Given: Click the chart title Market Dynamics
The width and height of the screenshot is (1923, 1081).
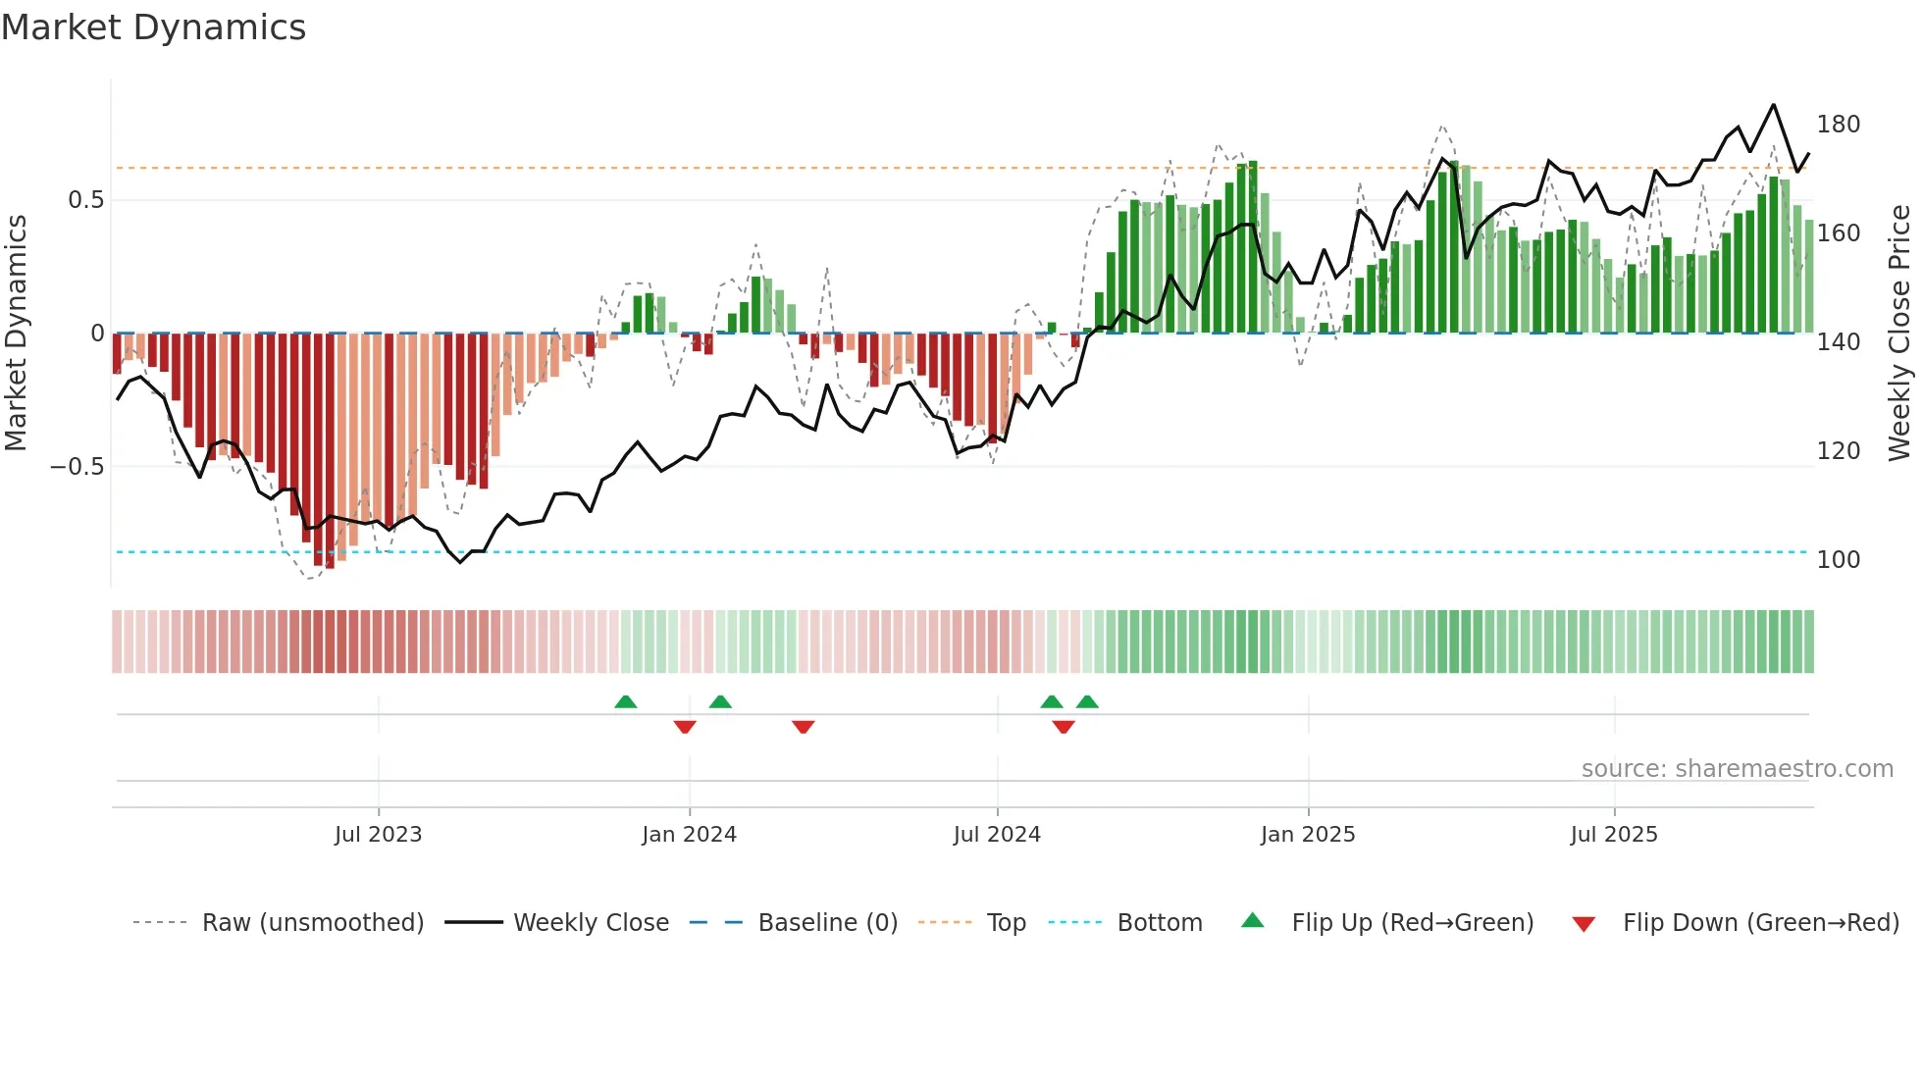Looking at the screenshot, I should point(154,27).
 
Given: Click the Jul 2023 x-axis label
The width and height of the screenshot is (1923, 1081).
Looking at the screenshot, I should point(378,835).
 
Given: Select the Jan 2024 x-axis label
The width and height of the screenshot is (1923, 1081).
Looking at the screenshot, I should point(689,835).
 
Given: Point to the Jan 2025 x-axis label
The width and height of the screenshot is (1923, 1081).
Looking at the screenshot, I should point(1308,835).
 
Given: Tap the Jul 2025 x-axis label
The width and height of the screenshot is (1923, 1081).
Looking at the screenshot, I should point(1614,835).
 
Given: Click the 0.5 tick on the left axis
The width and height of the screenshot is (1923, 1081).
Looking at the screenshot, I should point(85,200).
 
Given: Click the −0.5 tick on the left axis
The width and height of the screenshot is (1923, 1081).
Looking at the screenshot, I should point(78,467).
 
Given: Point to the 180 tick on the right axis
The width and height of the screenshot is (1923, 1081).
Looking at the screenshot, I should point(1838,125).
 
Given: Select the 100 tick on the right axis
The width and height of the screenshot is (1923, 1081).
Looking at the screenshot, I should point(1838,560).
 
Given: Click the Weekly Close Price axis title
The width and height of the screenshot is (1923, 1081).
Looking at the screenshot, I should point(1899,334).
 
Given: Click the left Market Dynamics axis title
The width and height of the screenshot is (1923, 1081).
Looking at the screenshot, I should point(16,334).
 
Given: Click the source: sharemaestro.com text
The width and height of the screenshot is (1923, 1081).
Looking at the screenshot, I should point(1737,769).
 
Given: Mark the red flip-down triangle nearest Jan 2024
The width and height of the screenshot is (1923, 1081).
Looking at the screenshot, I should point(685,727).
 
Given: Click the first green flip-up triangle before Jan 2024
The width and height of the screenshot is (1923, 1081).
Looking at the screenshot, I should point(626,701).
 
